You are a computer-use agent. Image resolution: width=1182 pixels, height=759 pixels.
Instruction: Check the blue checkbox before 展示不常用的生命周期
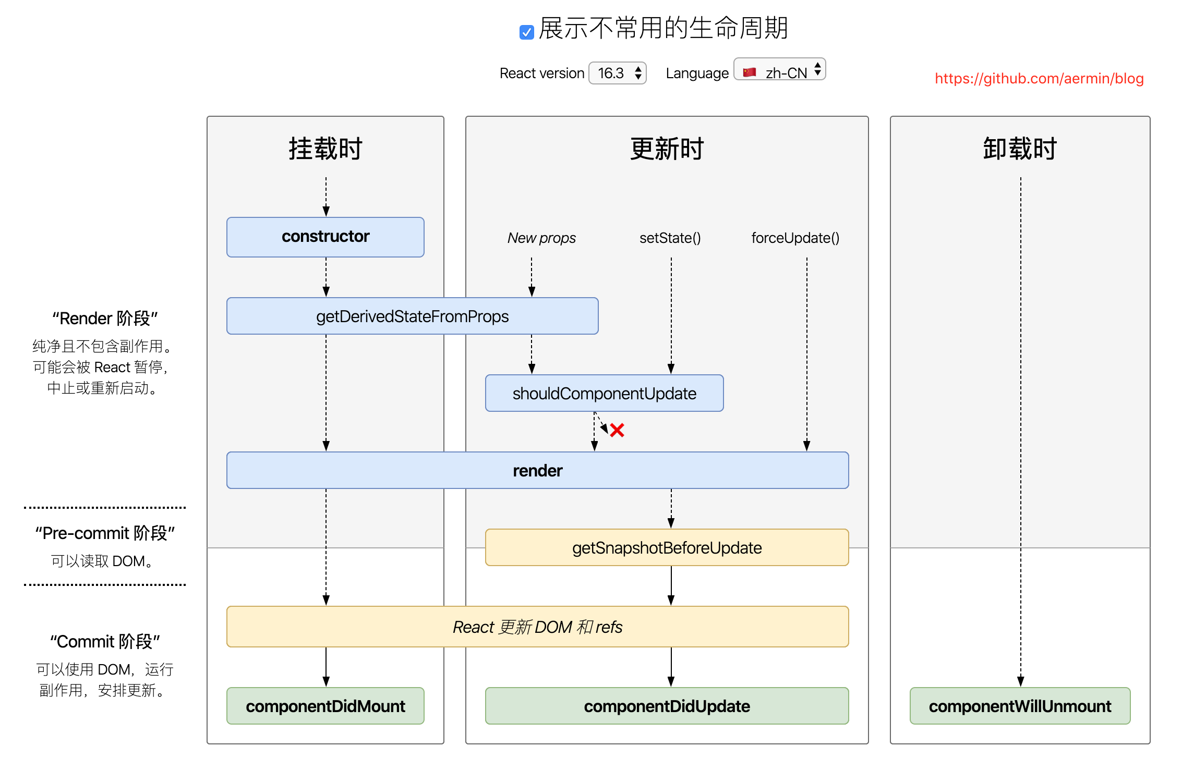pyautogui.click(x=526, y=32)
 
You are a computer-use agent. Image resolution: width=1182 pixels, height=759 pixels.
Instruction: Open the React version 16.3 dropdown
pyautogui.click(x=618, y=73)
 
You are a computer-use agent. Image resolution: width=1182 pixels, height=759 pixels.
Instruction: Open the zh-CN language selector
pyautogui.click(x=780, y=70)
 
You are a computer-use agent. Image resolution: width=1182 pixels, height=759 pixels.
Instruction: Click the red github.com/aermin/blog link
pyautogui.click(x=1039, y=79)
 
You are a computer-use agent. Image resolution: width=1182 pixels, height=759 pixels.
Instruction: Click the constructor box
pyautogui.click(x=325, y=237)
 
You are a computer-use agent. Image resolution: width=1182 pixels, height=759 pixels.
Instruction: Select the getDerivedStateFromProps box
pyautogui.click(x=412, y=316)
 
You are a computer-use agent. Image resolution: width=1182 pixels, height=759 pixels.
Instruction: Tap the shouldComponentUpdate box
pyautogui.click(x=604, y=394)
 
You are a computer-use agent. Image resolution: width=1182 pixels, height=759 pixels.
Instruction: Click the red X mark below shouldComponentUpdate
pyautogui.click(x=617, y=430)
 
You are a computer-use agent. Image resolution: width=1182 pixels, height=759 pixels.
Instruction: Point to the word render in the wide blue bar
pyautogui.click(x=537, y=471)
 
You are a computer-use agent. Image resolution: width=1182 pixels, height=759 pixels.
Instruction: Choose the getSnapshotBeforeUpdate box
pyautogui.click(x=667, y=548)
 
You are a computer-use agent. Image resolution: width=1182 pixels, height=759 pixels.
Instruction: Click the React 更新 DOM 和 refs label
pyautogui.click(x=537, y=627)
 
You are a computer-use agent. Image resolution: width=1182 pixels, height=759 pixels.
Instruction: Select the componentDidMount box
pyautogui.click(x=325, y=706)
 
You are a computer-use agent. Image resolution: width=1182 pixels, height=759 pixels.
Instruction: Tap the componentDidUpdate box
pyautogui.click(x=667, y=706)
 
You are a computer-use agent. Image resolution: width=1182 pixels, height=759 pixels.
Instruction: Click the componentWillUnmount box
pyautogui.click(x=1020, y=706)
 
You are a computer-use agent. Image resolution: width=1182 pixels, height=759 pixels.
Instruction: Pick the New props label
pyautogui.click(x=541, y=238)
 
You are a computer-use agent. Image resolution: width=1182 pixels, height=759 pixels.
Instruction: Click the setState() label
pyautogui.click(x=670, y=238)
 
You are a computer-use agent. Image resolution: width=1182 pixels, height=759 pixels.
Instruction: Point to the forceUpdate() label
pyautogui.click(x=795, y=238)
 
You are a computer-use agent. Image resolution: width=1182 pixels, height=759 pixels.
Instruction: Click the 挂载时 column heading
pyautogui.click(x=325, y=149)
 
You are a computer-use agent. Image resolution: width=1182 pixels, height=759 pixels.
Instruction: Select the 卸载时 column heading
pyautogui.click(x=1020, y=149)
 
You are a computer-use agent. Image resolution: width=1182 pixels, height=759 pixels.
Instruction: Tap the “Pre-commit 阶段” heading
pyautogui.click(x=105, y=533)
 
